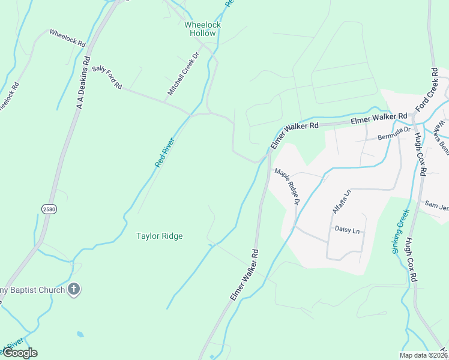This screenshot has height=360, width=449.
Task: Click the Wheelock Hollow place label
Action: pyautogui.click(x=202, y=29)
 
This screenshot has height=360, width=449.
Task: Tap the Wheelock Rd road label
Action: pyautogui.click(x=67, y=38)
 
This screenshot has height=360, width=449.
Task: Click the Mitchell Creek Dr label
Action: pyautogui.click(x=183, y=74)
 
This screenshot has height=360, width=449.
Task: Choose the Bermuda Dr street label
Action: pyautogui.click(x=394, y=133)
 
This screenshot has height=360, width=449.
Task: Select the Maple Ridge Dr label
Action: pyautogui.click(x=287, y=187)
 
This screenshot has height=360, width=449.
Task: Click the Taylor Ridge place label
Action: pyautogui.click(x=159, y=236)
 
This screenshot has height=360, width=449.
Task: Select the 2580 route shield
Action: pyautogui.click(x=49, y=208)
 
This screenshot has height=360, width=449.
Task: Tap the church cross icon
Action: pyautogui.click(x=74, y=290)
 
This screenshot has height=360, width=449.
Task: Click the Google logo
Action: pyautogui.click(x=20, y=353)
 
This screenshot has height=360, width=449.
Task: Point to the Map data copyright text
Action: pyautogui.click(x=424, y=355)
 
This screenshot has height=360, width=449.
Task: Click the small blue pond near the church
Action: pyautogui.click(x=80, y=334)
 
